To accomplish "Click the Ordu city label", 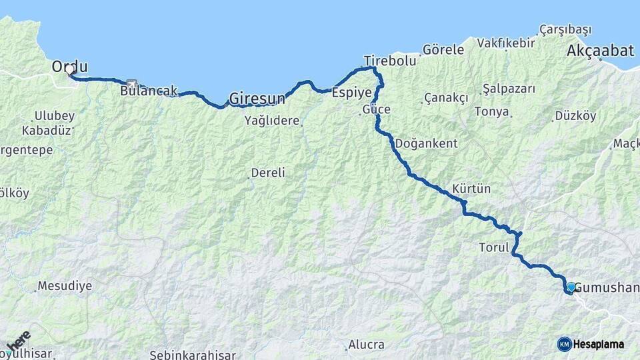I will pos(70,66).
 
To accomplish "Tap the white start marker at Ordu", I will pos(69,70).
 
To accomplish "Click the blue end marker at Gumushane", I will pos(571,287).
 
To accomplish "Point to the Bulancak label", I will pos(149,91).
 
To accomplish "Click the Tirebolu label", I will pos(389,60).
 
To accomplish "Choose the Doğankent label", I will pos(426,143).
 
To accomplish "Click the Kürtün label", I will pos(471,189).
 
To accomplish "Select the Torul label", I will pos(494,247).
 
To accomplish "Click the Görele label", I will pos(443,49).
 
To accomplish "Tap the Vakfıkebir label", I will pos(506,43).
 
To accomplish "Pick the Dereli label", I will pos(267,173).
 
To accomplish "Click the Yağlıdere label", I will pos(271,120).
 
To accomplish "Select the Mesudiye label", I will pos(64,286).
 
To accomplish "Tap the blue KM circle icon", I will pos(564,344).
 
